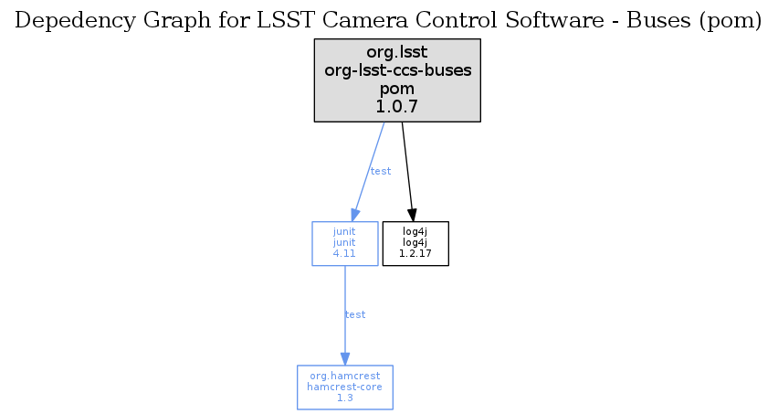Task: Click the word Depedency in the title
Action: click(75, 21)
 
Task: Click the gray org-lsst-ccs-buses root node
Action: click(397, 80)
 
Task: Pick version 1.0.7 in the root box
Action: click(397, 106)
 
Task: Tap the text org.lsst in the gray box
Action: click(397, 52)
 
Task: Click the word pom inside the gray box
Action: click(397, 89)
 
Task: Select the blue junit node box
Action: click(345, 244)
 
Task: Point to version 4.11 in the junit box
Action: click(344, 253)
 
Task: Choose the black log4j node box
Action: click(415, 244)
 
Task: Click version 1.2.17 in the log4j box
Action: click(415, 253)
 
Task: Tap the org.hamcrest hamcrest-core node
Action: click(345, 387)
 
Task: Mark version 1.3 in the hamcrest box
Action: click(345, 398)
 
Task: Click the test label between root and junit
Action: click(381, 171)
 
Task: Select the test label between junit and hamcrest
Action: click(355, 314)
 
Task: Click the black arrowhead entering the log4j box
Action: click(412, 215)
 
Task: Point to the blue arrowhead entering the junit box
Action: click(355, 215)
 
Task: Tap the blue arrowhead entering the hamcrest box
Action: click(345, 359)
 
